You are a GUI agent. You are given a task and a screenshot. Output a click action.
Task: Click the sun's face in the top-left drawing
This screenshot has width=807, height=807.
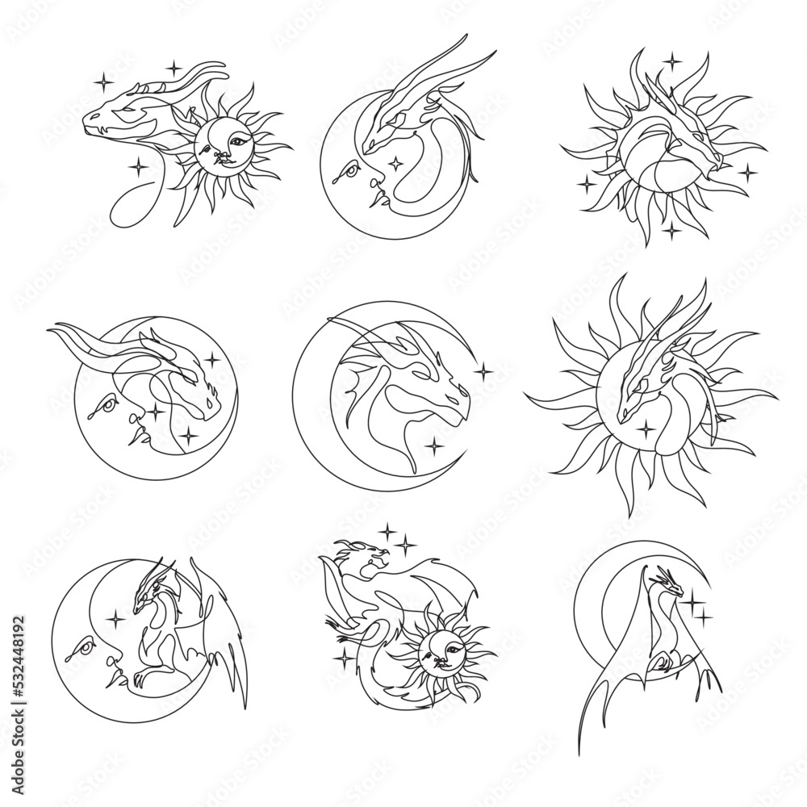[x=220, y=144]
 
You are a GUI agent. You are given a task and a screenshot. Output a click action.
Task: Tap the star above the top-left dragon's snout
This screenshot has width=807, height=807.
[x=102, y=80]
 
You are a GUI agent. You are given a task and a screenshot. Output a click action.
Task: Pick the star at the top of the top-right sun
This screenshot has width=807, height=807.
[x=671, y=59]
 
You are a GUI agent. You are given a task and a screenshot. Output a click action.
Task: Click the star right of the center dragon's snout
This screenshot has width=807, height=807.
[x=483, y=372]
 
